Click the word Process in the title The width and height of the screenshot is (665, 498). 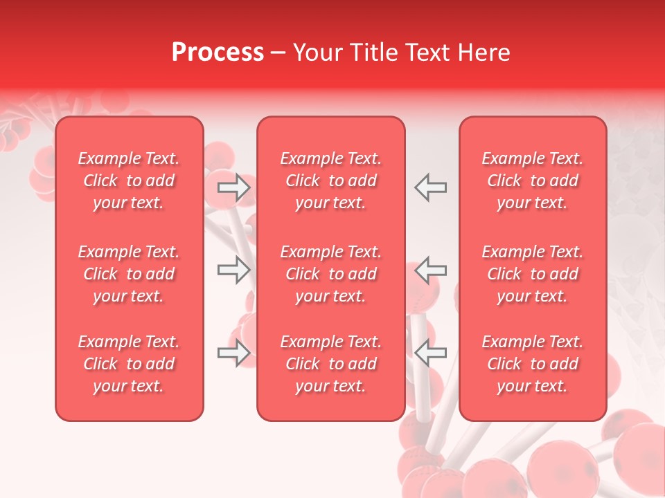click(x=218, y=53)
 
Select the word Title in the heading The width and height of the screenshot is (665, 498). click(x=373, y=53)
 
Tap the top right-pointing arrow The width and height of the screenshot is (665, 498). click(x=233, y=187)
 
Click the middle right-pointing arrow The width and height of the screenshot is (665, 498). click(x=233, y=270)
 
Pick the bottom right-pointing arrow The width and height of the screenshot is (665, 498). click(x=233, y=353)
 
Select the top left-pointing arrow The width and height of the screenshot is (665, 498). click(x=430, y=187)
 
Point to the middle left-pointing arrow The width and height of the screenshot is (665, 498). click(x=430, y=270)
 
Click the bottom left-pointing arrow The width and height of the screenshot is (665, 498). click(x=430, y=353)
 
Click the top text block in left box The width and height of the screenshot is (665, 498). click(x=129, y=181)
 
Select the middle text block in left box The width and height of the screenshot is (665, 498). click(x=129, y=274)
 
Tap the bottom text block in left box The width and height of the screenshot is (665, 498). click(x=129, y=364)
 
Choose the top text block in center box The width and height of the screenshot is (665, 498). click(x=331, y=181)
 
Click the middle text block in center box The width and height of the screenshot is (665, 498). click(x=331, y=274)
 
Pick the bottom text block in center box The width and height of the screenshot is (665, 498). click(x=331, y=364)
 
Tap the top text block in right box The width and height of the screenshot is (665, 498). click(x=533, y=181)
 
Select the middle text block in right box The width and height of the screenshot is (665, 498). click(x=533, y=274)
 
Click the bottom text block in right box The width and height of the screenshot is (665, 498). click(x=533, y=364)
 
